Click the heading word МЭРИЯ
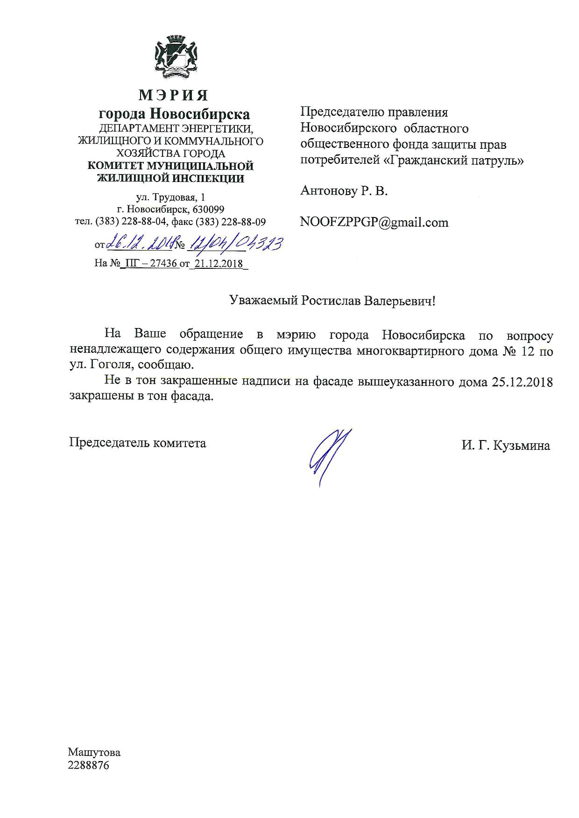coord(173,95)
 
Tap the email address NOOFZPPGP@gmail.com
coord(374,222)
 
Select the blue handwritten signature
coord(329,456)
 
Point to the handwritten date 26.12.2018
coord(139,243)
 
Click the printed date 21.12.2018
coord(219,264)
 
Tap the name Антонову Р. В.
coord(344,191)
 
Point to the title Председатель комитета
coord(138,442)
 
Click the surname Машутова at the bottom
coord(94,752)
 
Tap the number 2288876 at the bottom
coord(89,766)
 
